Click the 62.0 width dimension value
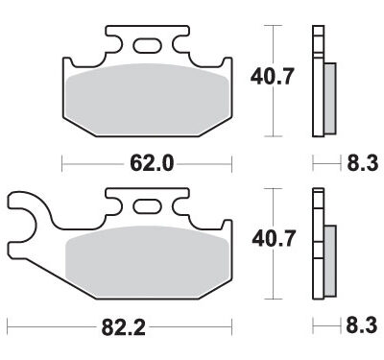(x=151, y=164)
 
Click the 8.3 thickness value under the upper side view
(x=358, y=164)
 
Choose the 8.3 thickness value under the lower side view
(x=358, y=327)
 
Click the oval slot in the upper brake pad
(x=150, y=44)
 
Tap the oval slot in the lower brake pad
(x=149, y=204)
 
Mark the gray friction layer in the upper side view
(x=330, y=99)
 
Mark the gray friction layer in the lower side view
(x=330, y=260)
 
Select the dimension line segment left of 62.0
(x=91, y=164)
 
